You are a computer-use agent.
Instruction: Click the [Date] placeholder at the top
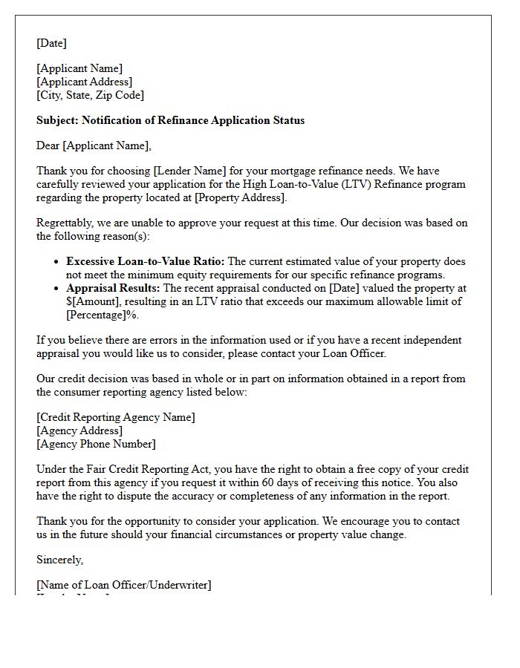51,43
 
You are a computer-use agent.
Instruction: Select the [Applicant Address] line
84,82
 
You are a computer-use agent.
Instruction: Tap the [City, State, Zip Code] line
90,95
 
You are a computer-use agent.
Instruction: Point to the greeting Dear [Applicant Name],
94,145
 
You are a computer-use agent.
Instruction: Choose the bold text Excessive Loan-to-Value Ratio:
145,261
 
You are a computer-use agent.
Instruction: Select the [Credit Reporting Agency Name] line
116,417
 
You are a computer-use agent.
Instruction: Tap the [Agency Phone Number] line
96,444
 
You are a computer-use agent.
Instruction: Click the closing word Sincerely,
60,560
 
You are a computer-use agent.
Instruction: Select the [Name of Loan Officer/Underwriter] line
123,585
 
